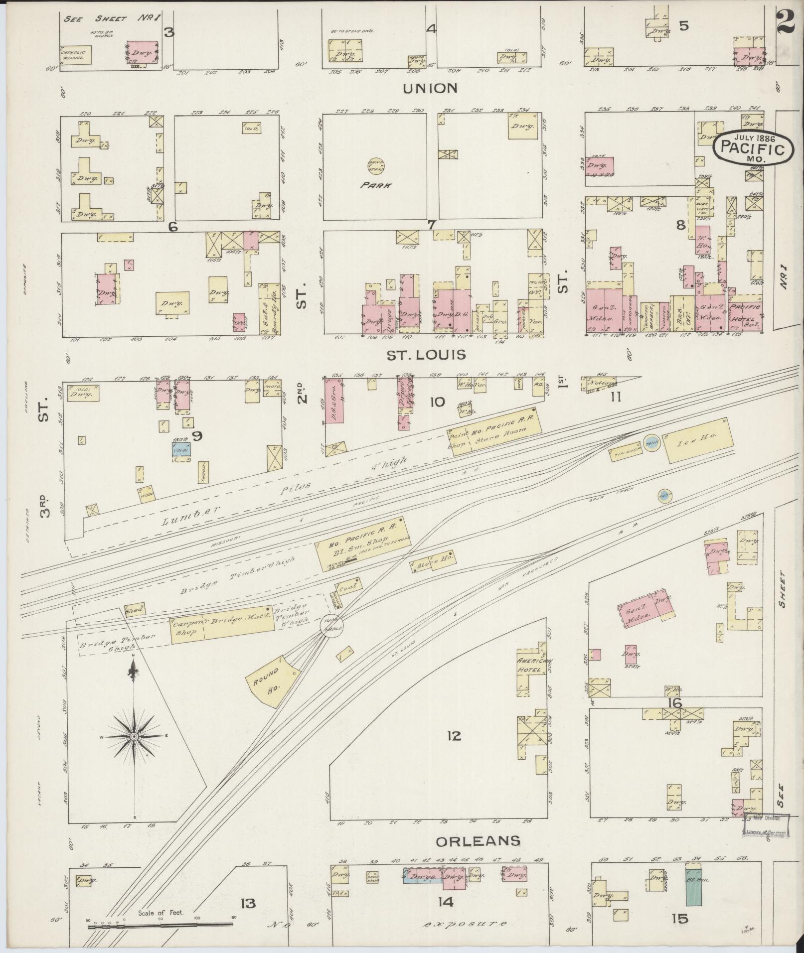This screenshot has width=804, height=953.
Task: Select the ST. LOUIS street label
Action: click(x=426, y=355)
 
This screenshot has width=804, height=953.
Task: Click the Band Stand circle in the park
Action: click(x=375, y=166)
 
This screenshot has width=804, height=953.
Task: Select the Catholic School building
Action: click(x=74, y=55)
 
